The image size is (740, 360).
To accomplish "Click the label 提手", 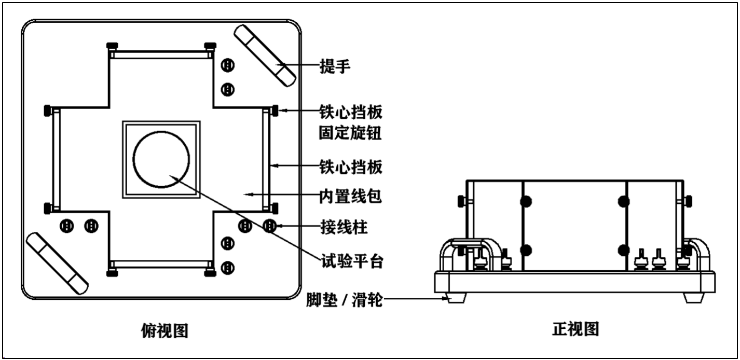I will [335, 66].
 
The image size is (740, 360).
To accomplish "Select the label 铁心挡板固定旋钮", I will [350, 122].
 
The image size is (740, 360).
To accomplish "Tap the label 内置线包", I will [350, 196].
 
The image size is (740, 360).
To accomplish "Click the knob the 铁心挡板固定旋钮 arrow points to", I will [275, 110].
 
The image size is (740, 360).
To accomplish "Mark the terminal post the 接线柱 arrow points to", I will [270, 226].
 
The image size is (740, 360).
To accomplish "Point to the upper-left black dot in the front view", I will [525, 201].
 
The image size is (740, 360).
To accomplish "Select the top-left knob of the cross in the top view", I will [110, 46].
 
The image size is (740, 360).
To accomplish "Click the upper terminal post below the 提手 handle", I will [227, 65].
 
